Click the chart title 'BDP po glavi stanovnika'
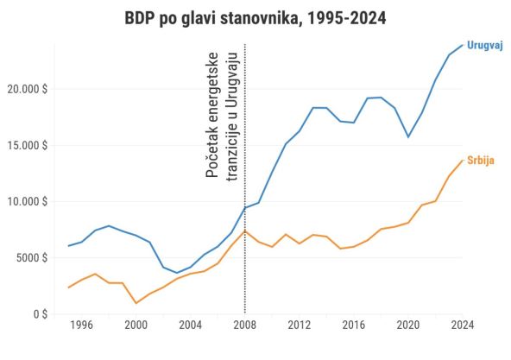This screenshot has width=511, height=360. click(x=255, y=18)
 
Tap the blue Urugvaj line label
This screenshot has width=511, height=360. click(x=485, y=45)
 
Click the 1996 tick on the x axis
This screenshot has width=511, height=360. click(x=82, y=326)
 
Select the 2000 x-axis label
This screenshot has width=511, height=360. click(x=136, y=326)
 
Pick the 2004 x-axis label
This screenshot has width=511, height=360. click(x=191, y=326)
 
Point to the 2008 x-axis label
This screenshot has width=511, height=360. click(x=245, y=326)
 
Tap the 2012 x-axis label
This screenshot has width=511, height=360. click(x=300, y=326)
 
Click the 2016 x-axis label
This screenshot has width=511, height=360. click(x=354, y=326)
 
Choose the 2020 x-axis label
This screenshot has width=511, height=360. click(x=408, y=326)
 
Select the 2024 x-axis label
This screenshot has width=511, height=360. click(x=463, y=326)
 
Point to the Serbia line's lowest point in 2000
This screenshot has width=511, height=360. click(x=136, y=303)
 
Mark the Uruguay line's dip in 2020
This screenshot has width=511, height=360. click(x=408, y=137)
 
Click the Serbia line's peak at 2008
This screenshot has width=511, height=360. click(x=245, y=231)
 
